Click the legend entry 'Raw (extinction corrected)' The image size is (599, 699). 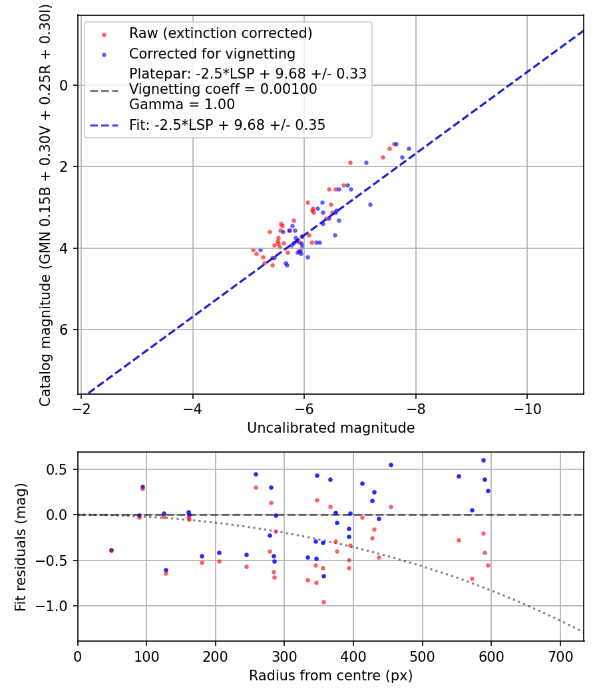[220, 33]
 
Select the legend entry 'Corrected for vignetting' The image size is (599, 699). [212, 53]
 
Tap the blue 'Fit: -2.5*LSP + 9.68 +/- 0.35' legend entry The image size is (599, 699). [227, 124]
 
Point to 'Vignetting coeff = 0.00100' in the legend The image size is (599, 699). [223, 89]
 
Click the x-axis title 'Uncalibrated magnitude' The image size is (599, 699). [331, 428]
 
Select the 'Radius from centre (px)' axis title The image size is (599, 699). [331, 676]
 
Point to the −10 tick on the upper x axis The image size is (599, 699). [527, 405]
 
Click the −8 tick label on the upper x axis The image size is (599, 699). [415, 405]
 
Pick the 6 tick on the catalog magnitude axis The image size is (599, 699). [65, 330]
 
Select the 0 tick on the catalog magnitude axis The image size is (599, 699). [65, 85]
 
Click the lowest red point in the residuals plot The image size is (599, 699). [323, 602]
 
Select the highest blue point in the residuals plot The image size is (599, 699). [483, 460]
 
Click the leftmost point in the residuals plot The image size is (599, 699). [111, 551]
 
